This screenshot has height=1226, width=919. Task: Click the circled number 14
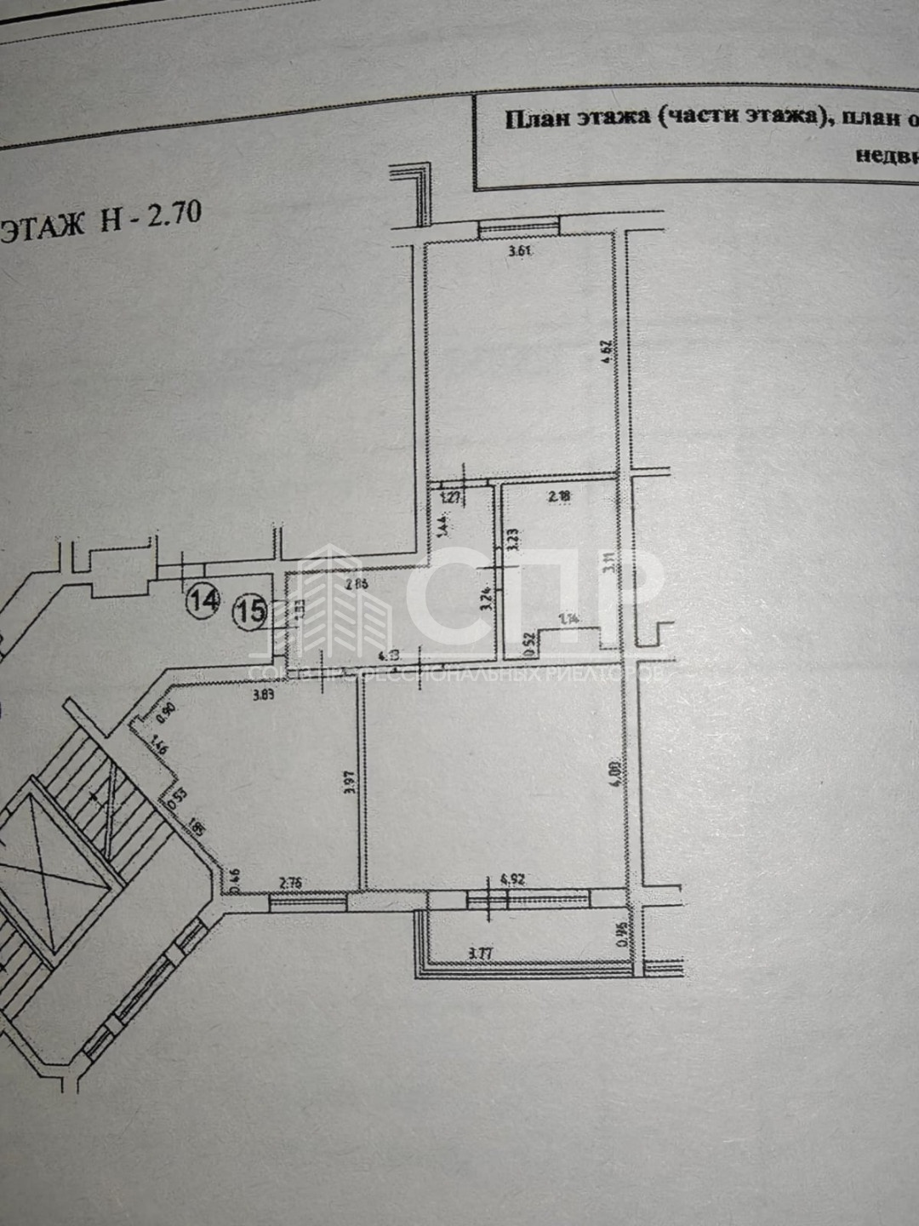pos(203,600)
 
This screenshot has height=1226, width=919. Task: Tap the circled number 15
pos(251,610)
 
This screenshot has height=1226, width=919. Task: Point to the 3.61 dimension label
pos(519,251)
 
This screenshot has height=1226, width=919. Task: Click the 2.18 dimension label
pos(559,496)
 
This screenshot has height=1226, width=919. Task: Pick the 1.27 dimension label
pos(451,496)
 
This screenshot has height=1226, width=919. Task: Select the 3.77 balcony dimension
pos(481,954)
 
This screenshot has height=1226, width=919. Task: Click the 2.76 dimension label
pos(291,883)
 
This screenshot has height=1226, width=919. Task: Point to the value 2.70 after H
pos(174,213)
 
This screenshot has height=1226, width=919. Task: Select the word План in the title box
pos(537,118)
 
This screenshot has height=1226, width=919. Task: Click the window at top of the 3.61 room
pos(519,226)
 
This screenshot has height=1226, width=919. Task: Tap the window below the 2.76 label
pos(308,902)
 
